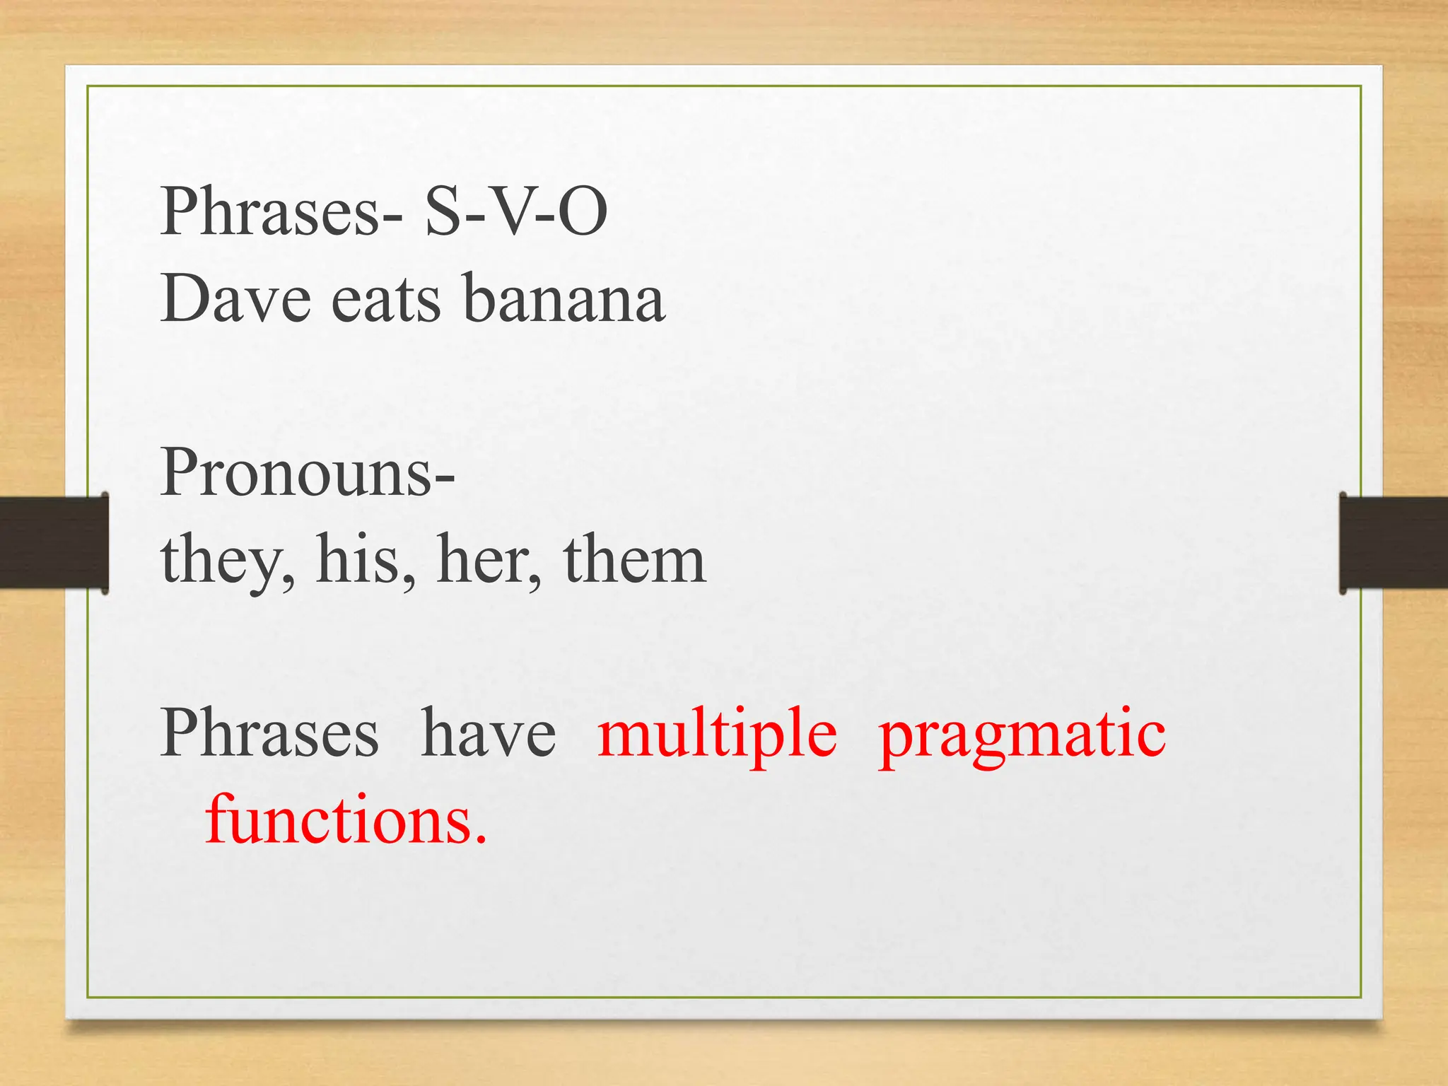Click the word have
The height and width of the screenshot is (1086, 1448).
(488, 733)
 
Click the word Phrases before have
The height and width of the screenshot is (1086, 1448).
(269, 733)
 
